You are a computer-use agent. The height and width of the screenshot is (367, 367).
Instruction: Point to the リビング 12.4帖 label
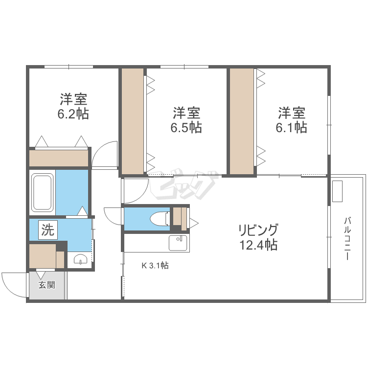[258, 237]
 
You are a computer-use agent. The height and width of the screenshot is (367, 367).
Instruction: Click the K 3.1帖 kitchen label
[155, 266]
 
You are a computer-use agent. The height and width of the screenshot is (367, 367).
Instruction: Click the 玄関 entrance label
[47, 285]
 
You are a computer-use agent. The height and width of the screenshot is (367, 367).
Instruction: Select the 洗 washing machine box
[47, 230]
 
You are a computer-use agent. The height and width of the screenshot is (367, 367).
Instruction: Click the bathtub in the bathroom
[43, 192]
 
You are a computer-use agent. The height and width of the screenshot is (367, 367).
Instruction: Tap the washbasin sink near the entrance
[80, 260]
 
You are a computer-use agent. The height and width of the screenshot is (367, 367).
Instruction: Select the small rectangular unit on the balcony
[338, 191]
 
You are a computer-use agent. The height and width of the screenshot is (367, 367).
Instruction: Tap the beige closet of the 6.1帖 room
[242, 121]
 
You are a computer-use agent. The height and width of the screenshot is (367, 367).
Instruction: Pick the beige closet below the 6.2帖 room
[58, 158]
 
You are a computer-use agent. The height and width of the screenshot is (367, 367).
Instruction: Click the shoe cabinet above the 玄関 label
[43, 255]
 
